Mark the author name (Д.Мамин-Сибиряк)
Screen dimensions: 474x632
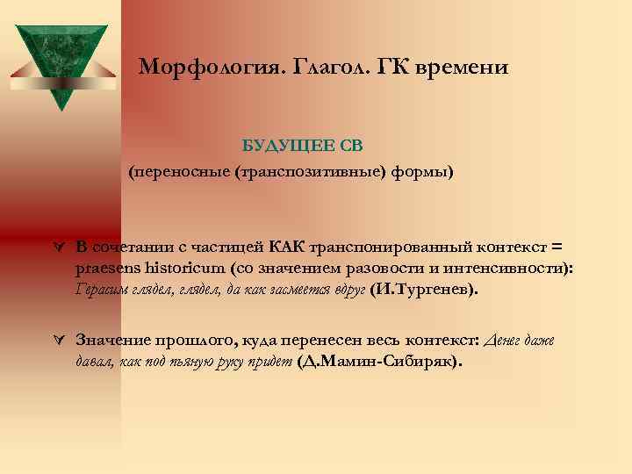[380, 362]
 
